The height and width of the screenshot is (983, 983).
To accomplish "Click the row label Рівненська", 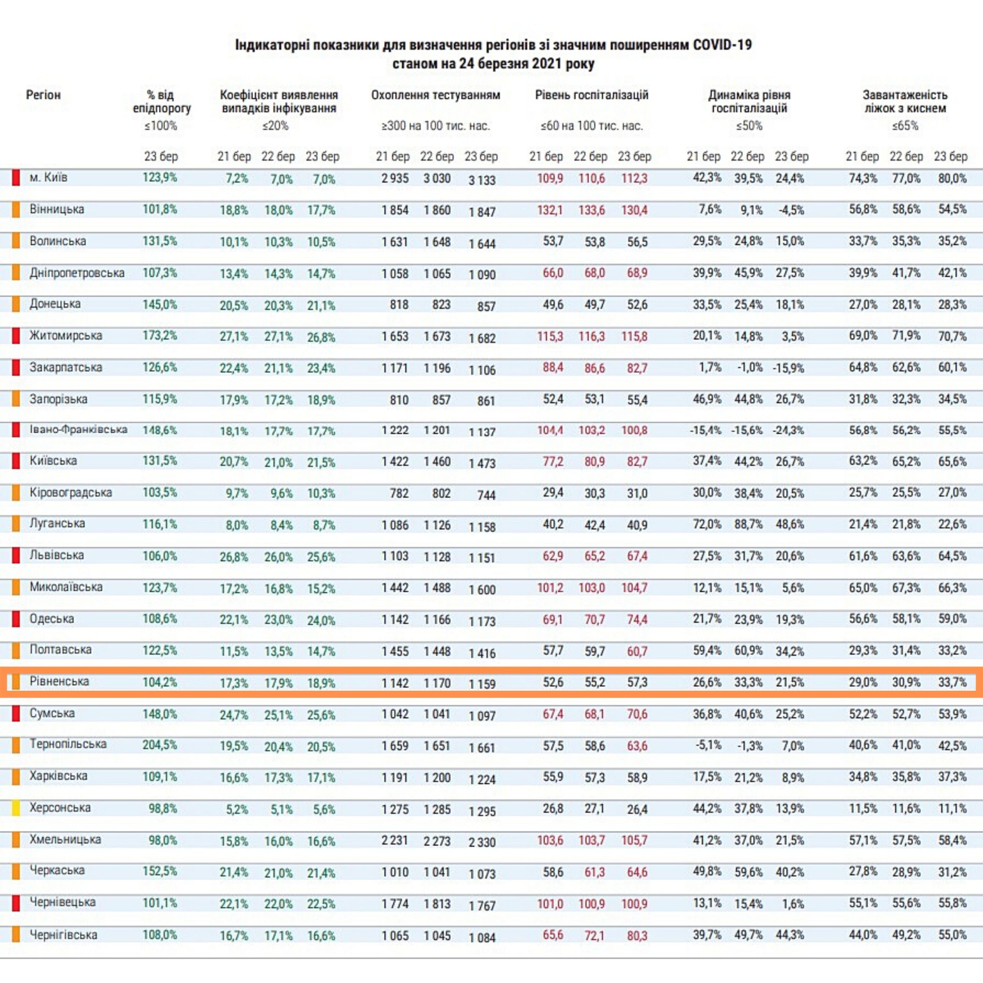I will coord(59,681).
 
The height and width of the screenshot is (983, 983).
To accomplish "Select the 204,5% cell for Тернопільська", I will coord(159,745).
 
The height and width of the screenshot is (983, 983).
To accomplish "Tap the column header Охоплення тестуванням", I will coord(435,95).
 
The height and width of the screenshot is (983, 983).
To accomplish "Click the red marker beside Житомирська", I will coord(16,336).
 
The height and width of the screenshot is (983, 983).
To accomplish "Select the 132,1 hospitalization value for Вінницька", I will coord(549,210).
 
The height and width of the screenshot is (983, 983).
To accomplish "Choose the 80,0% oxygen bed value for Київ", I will coord(952,179).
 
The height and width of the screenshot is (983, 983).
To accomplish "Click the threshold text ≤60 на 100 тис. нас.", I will coord(592,126).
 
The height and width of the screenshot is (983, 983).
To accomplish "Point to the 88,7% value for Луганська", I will coord(748,525).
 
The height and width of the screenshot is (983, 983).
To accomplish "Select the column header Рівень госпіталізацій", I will coord(592,95).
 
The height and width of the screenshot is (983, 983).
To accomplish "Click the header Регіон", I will coord(43,95).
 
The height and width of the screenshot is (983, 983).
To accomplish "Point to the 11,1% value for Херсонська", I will coord(952,809).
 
